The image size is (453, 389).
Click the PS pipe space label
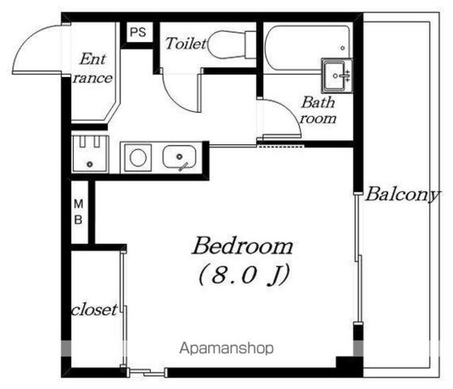click(138, 32)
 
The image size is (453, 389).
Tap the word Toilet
click(186, 44)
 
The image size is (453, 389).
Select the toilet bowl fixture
click(231, 45)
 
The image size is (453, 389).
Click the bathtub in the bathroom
click(308, 47)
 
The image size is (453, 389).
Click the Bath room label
click(318, 110)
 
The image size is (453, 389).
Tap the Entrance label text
click(93, 69)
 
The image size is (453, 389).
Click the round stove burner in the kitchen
click(138, 158)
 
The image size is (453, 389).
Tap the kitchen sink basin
click(179, 157)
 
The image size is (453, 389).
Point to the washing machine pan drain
click(90, 164)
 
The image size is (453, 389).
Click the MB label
click(79, 212)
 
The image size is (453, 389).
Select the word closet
click(94, 310)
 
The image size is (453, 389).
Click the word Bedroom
click(243, 246)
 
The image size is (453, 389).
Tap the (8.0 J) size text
click(243, 274)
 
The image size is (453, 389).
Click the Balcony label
click(403, 194)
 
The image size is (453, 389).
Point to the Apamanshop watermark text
click(226, 348)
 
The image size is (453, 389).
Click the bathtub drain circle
click(343, 48)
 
